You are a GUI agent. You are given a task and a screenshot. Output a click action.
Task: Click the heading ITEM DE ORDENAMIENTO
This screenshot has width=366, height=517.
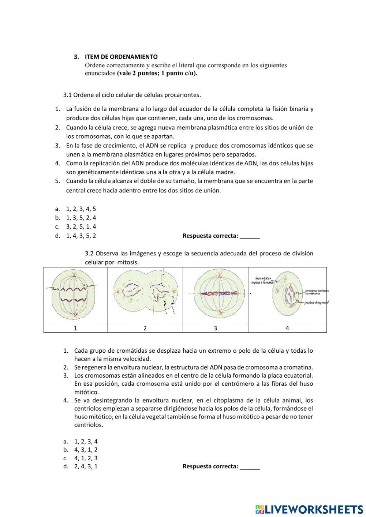tap(121, 57)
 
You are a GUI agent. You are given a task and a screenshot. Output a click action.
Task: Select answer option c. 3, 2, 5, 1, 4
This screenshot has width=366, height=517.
tap(81, 227)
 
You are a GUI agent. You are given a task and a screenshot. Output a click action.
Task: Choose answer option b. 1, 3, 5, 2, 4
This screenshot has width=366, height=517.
tap(81, 218)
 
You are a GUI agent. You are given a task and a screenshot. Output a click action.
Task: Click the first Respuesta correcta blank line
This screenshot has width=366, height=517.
tap(250, 236)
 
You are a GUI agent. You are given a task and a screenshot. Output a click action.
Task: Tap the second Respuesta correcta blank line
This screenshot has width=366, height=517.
tap(250, 467)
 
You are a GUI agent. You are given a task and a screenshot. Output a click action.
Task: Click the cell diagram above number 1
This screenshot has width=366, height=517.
tap(75, 295)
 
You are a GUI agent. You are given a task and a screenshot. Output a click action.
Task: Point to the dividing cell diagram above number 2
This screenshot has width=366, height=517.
tap(145, 295)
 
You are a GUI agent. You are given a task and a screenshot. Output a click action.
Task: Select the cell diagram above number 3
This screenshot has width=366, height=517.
tap(215, 295)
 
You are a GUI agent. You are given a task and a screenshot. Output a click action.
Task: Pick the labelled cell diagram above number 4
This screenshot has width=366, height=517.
tap(287, 295)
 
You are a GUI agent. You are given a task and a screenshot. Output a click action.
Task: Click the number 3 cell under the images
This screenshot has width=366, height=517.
tap(215, 328)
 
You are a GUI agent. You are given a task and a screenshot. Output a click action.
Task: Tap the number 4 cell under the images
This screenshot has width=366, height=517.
tap(287, 328)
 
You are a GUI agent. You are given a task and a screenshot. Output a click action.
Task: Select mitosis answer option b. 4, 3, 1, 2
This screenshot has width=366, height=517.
tap(86, 450)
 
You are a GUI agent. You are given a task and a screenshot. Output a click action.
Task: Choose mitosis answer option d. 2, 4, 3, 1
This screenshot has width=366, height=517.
tap(86, 467)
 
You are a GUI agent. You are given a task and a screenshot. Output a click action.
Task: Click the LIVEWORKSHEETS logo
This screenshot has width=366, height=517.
tap(309, 509)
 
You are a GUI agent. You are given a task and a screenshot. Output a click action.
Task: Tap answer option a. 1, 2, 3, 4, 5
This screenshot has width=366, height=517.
tap(81, 209)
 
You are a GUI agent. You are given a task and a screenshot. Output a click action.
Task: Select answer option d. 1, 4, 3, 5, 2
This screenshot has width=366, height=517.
tap(81, 236)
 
